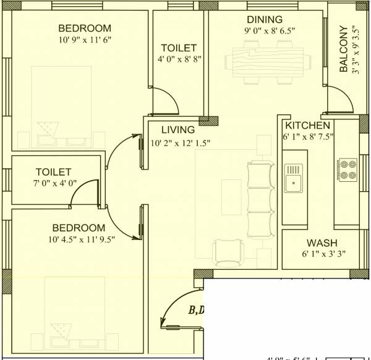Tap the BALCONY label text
344,49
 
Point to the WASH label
322,243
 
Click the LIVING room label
177,130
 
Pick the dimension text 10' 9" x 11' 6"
85,40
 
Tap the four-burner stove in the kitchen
347,169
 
